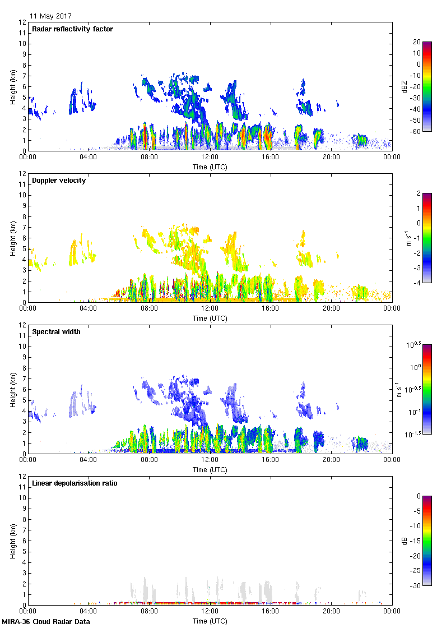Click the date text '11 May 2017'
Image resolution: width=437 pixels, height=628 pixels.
coord(50,16)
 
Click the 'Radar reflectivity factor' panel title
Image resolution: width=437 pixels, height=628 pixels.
coord(73,29)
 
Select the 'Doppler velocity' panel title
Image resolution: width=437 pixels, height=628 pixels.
coord(59,181)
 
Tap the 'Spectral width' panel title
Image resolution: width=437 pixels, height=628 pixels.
coord(56,332)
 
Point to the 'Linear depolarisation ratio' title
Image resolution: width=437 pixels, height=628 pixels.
coord(75,483)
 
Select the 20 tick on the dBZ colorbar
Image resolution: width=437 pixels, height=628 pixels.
coord(417,42)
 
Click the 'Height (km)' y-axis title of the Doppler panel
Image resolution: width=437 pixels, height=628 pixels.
coord(12,238)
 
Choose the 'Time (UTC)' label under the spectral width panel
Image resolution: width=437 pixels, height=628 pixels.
coord(210,470)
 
